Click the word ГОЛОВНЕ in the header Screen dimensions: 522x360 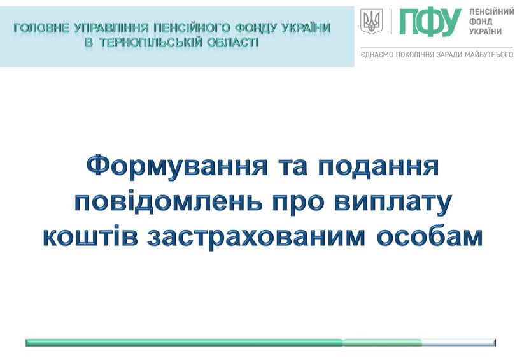[x=41, y=28]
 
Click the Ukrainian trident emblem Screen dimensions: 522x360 [x=371, y=22]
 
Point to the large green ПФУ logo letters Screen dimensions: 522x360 [x=430, y=23]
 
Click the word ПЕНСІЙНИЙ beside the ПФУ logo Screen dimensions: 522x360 [x=491, y=12]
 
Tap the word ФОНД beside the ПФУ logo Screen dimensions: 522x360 [x=481, y=22]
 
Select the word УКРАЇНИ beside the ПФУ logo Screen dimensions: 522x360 [x=485, y=32]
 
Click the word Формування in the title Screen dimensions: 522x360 [x=176, y=166]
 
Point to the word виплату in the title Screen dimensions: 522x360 [x=393, y=203]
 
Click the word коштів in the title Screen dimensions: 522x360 [x=90, y=237]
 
